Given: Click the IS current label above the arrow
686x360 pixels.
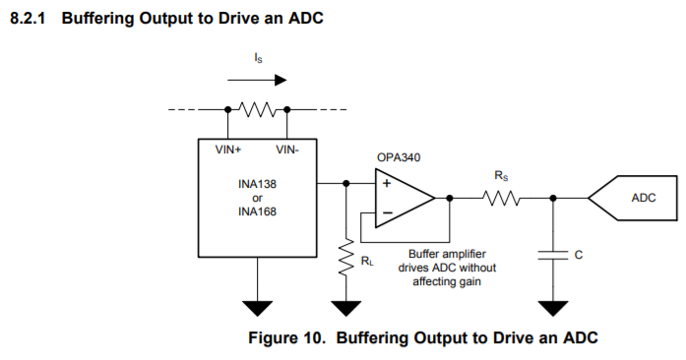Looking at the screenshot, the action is coord(258,58).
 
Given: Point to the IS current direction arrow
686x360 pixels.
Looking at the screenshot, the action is coord(257,80).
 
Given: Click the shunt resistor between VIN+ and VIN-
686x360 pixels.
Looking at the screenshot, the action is coord(257,110).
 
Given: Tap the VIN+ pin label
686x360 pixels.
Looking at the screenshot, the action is coord(228,150).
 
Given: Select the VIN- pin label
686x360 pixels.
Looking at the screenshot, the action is coord(287,150).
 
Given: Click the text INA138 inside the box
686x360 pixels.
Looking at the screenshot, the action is coord(257,184).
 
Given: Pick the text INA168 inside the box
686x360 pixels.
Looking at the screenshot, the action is coord(257,211).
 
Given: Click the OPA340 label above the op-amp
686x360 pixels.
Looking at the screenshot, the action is coord(399,157).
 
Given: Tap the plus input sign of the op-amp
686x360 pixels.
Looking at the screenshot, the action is coord(387,183).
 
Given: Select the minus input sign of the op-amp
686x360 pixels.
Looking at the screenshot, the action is coord(388,213).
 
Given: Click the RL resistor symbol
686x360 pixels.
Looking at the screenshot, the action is coord(346,257).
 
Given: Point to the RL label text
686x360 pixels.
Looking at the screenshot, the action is coord(367,261).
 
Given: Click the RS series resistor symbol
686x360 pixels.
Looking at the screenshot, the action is coord(501,199).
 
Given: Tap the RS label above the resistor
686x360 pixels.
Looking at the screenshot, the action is coord(501,176).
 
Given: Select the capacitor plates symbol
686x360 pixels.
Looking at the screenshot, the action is coord(553,256).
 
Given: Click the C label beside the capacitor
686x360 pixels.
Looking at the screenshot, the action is coord(579,255).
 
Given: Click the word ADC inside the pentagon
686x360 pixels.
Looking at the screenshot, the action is coord(644,198).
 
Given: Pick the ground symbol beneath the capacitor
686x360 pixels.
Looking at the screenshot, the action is coord(553,308).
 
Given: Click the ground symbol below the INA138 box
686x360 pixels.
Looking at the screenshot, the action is coord(258,308).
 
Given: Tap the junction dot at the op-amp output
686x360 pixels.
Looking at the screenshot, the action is coord(450,198).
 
